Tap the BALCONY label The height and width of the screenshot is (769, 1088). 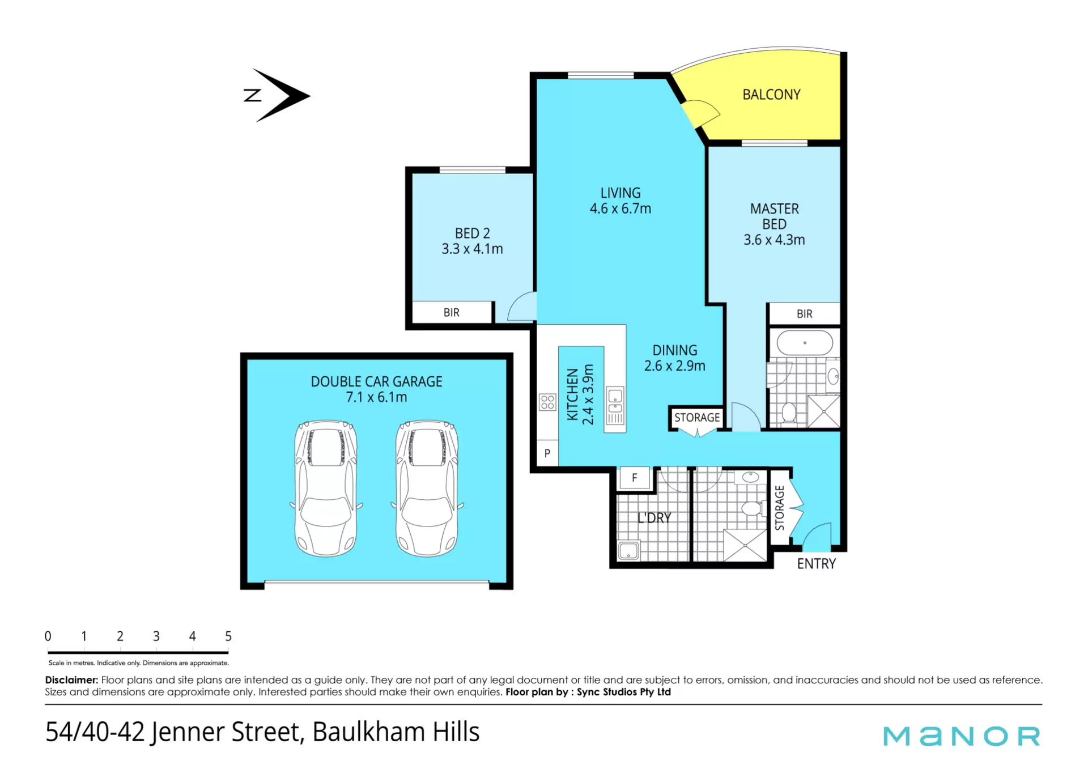pos(771,95)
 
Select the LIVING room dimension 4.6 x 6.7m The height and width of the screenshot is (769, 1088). pos(620,209)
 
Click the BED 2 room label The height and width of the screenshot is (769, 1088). pos(472,233)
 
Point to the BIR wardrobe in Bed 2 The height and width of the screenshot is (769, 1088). pos(452,312)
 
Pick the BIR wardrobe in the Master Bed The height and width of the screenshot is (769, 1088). pos(804,314)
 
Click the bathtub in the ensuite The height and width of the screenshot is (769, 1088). pos(805,343)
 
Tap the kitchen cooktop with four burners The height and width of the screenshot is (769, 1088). pos(547,402)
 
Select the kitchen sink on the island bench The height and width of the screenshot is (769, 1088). pos(615,402)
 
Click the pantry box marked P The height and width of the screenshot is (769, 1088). pos(547,453)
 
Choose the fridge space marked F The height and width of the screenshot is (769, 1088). pos(635,478)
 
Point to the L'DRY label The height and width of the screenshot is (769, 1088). pos(654,517)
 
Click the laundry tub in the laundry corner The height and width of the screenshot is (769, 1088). pos(628,550)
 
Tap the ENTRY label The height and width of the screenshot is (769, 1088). pos(816,564)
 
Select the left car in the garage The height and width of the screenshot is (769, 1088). pos(326,488)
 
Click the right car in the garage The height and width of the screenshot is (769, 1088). pos(427,488)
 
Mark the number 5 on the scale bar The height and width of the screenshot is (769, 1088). pos(228,636)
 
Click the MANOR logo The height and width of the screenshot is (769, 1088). pos(962,736)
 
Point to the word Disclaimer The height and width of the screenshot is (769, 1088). pos(71,679)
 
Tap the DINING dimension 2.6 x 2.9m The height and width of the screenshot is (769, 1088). pos(674,366)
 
